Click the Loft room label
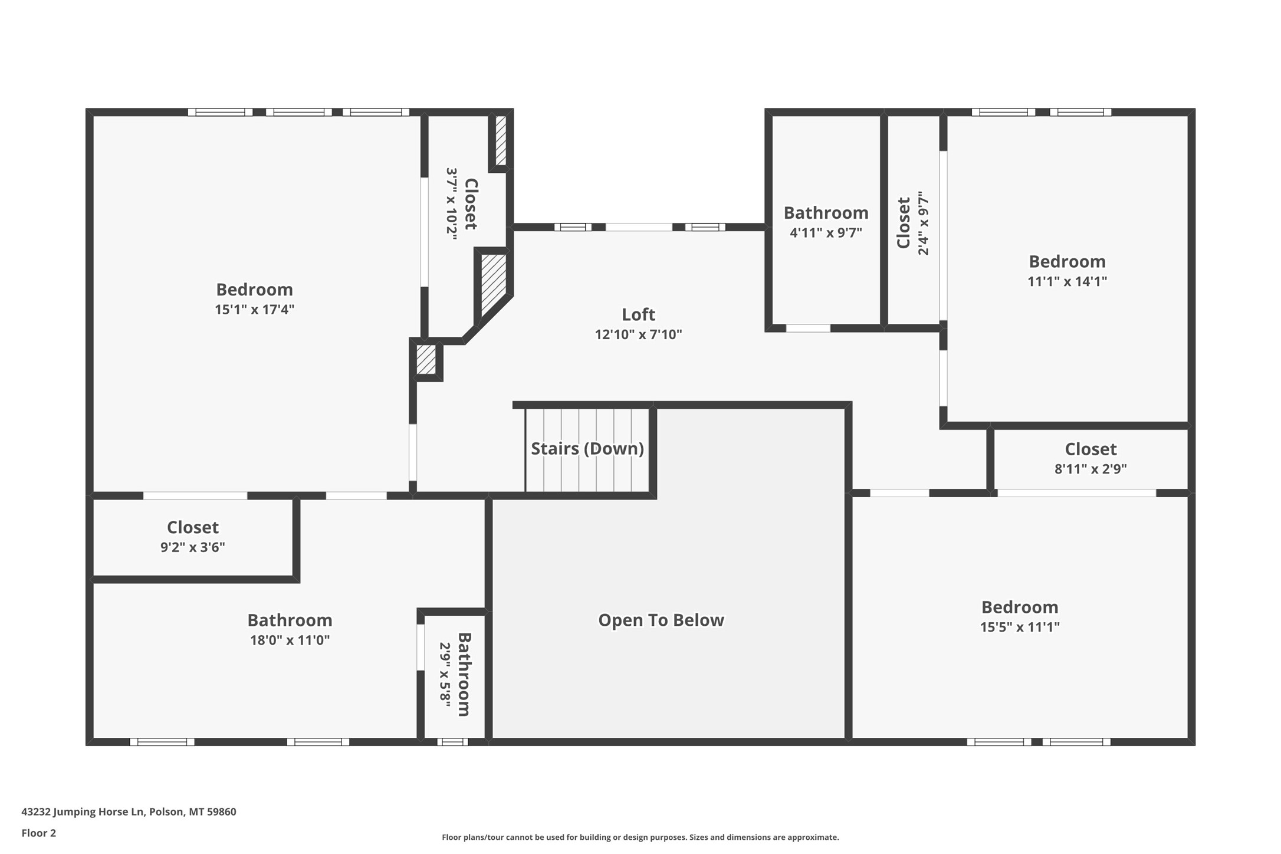pos(638,314)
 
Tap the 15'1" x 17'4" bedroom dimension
pos(254,310)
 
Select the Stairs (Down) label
pos(587,449)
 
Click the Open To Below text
pos(661,620)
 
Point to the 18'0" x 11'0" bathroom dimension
pos(290,640)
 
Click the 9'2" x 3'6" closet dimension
pos(192,547)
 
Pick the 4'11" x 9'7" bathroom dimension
pos(826,232)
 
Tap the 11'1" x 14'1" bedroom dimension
pos(1067,281)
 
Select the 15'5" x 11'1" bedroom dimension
pos(1020,627)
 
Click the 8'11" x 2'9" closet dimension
pos(1091,469)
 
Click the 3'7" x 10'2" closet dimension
pos(451,203)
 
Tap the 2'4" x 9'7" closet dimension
pos(924,223)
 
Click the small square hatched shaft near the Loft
pos(426,359)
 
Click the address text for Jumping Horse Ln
pos(129,812)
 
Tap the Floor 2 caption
pos(38,833)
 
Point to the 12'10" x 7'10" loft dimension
pos(638,334)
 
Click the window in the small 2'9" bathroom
pos(452,742)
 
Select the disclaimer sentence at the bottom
pos(640,837)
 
